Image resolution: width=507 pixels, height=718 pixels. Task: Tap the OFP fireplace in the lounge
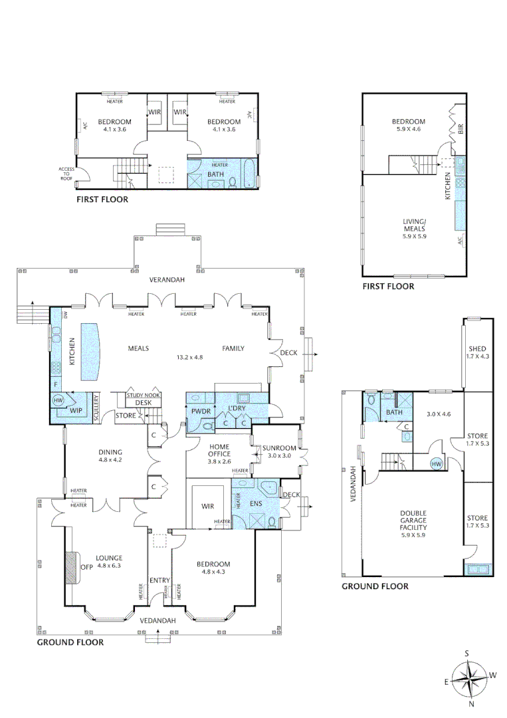point(70,567)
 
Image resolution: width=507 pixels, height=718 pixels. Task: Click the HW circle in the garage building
point(437,463)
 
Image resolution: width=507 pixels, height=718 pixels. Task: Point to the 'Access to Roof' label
point(67,174)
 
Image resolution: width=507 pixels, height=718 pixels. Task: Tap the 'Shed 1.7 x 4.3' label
point(477,352)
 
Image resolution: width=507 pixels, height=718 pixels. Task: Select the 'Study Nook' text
point(144,395)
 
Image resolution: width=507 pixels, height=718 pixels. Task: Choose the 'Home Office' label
point(219,451)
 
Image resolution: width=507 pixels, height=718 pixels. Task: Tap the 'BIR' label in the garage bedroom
point(460,128)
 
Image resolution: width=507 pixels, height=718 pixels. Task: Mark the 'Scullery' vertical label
point(96,408)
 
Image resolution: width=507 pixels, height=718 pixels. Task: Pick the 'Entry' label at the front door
point(159,580)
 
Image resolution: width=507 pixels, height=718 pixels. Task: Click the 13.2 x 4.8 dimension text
point(188,357)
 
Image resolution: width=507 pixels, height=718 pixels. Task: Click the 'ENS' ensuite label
point(256,504)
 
